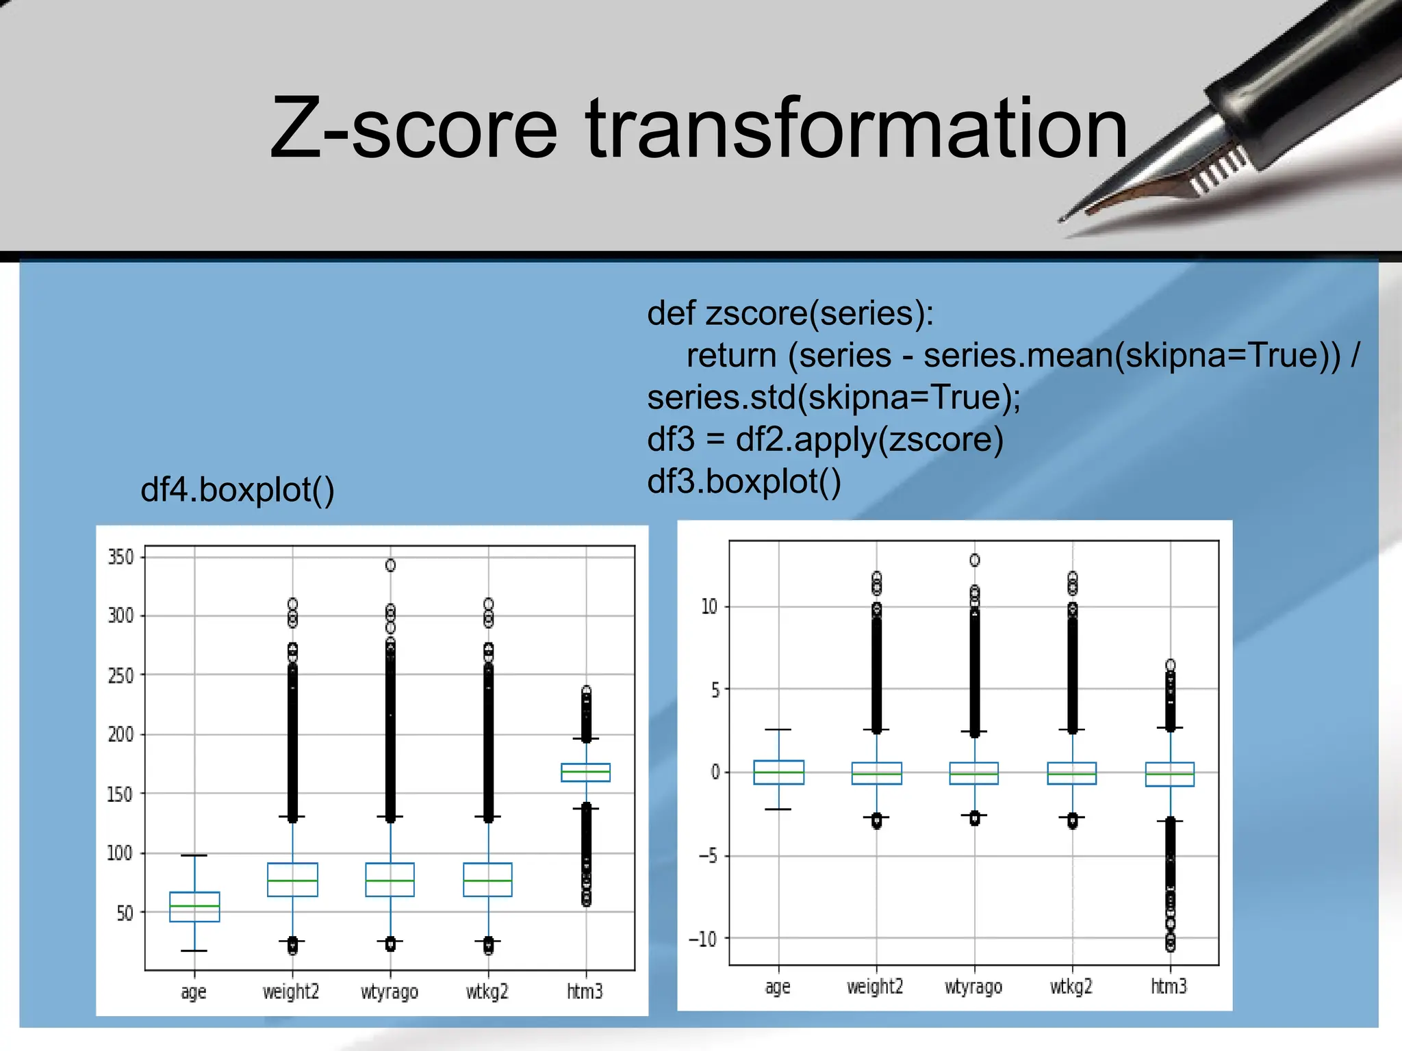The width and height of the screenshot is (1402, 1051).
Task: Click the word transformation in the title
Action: pyautogui.click(x=856, y=129)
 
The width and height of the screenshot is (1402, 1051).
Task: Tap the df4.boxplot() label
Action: pyautogui.click(x=237, y=490)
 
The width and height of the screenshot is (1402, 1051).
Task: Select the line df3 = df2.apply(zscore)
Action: pyautogui.click(x=825, y=439)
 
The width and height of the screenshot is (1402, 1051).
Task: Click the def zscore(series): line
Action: pyautogui.click(x=790, y=313)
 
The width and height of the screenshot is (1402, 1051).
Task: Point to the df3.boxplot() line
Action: pyautogui.click(x=743, y=481)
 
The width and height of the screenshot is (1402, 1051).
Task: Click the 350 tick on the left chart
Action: pyautogui.click(x=120, y=557)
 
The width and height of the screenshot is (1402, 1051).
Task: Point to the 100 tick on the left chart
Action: pyautogui.click(x=120, y=853)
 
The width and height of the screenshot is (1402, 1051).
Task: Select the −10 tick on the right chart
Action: pyautogui.click(x=702, y=939)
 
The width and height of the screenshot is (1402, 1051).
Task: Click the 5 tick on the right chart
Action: pyautogui.click(x=715, y=690)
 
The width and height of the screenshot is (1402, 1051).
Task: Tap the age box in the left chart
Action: pyautogui.click(x=194, y=907)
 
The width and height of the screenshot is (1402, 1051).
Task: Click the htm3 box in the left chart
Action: pyautogui.click(x=585, y=773)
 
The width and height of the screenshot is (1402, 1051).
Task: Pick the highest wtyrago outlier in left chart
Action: pyautogui.click(x=390, y=565)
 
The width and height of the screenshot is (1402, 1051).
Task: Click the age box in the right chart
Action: pyautogui.click(x=778, y=773)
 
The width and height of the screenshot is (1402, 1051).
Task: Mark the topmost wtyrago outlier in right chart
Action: pyautogui.click(x=974, y=560)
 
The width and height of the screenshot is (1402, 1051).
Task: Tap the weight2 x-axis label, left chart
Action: pyautogui.click(x=291, y=991)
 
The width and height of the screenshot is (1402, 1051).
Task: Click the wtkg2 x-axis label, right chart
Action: pyautogui.click(x=1071, y=987)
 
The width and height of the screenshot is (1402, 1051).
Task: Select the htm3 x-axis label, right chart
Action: pyautogui.click(x=1169, y=987)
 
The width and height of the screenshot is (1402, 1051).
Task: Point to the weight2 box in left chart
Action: pyautogui.click(x=292, y=880)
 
